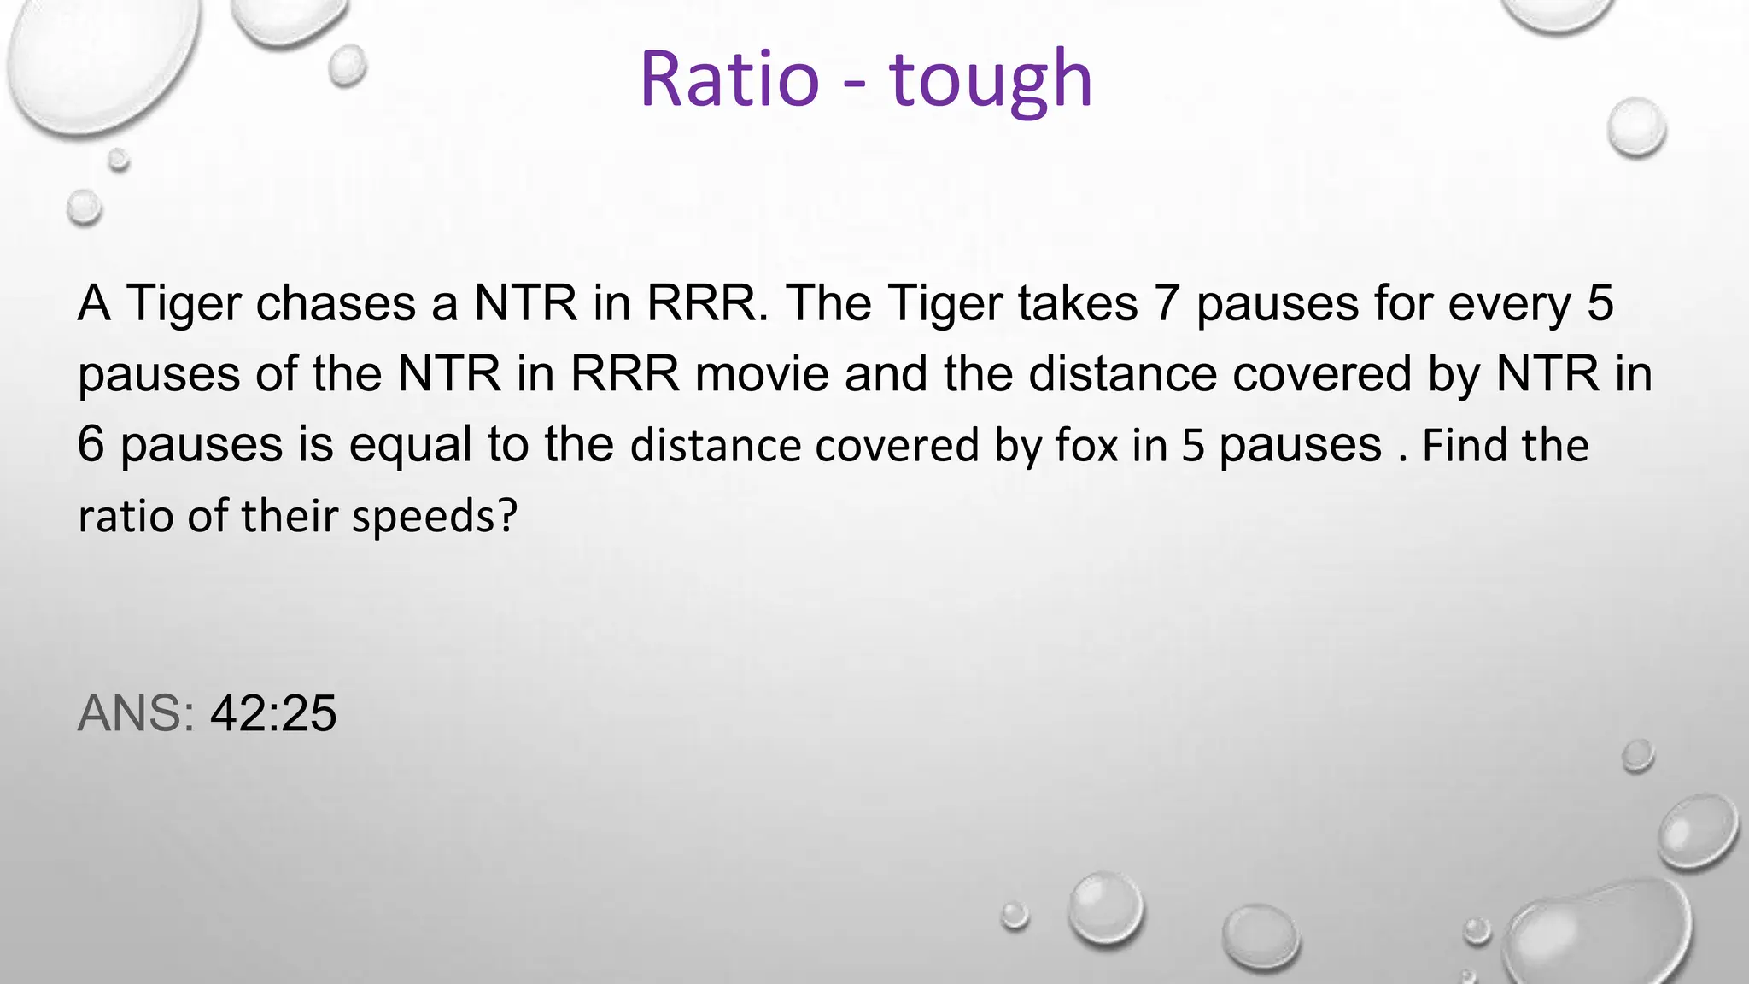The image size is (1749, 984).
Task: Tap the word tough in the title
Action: pos(991,80)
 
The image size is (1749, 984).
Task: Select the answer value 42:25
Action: pos(273,713)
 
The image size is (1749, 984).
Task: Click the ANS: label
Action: pos(137,713)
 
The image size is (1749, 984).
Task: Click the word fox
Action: pos(1086,446)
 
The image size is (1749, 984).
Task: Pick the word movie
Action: pos(762,374)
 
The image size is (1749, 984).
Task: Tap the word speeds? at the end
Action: pos(435,517)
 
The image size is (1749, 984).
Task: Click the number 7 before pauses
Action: pos(1167,303)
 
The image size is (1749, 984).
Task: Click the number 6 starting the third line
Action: pos(91,445)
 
